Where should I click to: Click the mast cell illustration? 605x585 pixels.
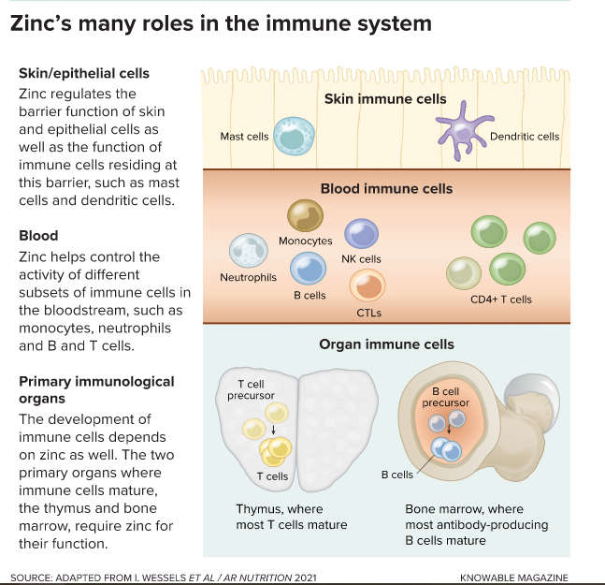click(291, 136)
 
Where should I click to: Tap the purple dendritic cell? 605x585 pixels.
click(463, 127)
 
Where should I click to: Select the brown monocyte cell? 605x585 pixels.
click(305, 216)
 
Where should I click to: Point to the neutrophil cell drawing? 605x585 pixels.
click(249, 251)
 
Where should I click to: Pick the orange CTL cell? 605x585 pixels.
click(367, 285)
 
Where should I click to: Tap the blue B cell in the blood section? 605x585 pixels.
click(308, 270)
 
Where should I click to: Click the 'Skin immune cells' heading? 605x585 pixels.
click(385, 99)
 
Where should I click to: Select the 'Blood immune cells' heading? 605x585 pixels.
click(386, 188)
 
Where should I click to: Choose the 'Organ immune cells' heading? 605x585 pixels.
click(386, 344)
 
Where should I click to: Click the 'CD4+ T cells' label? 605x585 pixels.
click(501, 300)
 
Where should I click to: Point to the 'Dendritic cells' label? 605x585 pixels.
click(525, 137)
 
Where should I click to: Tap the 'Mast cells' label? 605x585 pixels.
click(244, 137)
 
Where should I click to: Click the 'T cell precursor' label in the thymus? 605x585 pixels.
click(255, 389)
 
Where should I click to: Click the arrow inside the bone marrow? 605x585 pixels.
click(449, 431)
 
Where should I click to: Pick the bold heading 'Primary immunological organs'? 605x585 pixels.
click(83, 390)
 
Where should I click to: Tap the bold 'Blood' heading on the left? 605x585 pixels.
click(38, 236)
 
